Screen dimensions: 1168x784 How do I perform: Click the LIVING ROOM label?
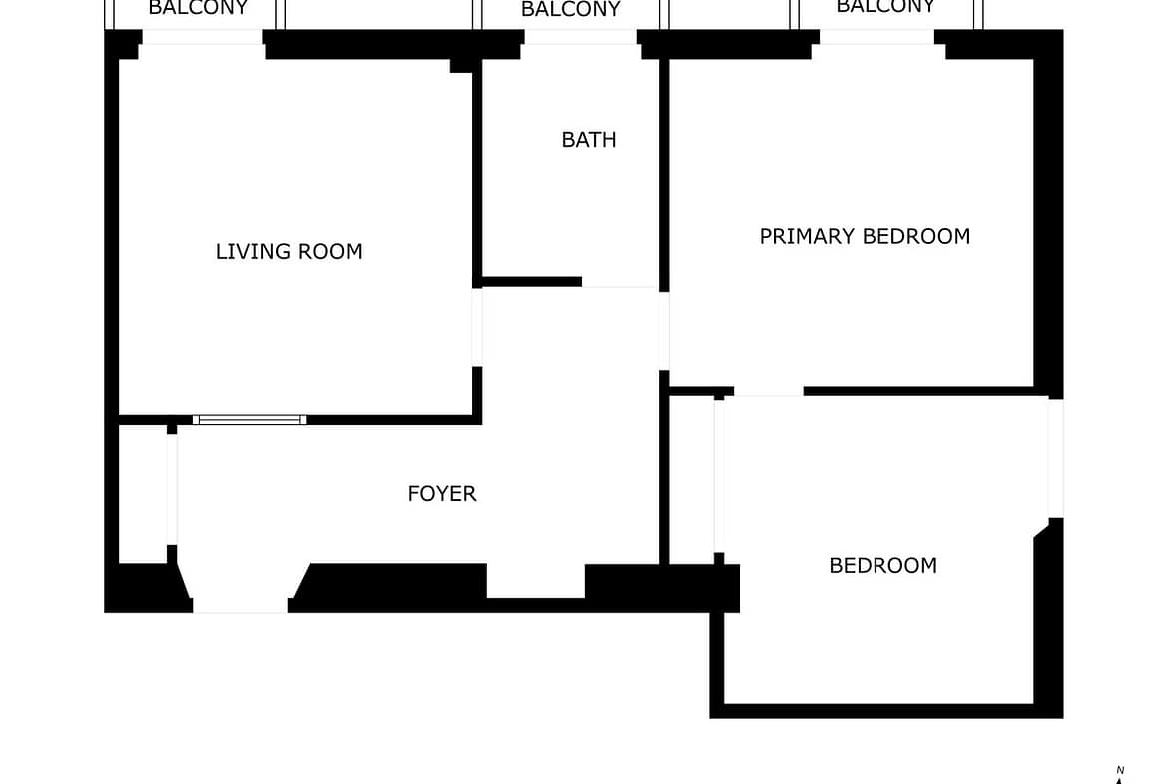point(290,251)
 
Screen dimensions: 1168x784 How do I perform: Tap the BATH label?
point(588,140)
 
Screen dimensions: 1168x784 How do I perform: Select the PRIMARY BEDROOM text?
point(865,237)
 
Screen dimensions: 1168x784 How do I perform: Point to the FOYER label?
point(441,494)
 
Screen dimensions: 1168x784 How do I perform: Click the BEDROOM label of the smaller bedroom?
point(882,565)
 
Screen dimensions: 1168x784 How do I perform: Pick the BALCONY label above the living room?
point(198,8)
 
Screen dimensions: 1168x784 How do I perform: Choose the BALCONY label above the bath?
point(571,9)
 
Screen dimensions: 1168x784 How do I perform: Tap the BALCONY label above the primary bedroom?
point(884,7)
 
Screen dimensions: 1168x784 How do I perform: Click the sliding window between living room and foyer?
point(250,420)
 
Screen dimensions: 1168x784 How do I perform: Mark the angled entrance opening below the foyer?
point(240,588)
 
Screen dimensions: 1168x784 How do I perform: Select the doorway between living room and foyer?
point(477,328)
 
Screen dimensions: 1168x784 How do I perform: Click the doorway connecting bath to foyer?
point(621,282)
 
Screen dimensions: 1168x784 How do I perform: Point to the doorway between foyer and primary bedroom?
point(664,331)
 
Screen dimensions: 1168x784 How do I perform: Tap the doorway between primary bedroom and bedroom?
point(768,392)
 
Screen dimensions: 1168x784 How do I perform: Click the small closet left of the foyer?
point(143,494)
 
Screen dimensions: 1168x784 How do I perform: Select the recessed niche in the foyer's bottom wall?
point(535,580)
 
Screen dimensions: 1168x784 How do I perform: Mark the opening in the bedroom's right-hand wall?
point(1055,458)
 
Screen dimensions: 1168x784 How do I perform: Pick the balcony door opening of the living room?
point(202,37)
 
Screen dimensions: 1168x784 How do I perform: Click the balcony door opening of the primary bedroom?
point(876,37)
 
